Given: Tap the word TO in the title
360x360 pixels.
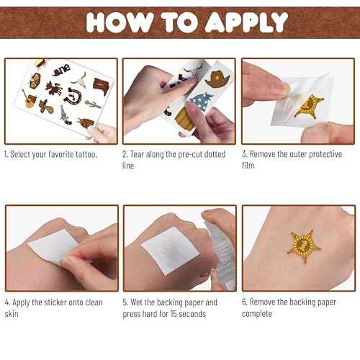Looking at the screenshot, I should (x=177, y=22).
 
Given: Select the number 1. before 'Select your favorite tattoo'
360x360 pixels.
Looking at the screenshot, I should (x=6, y=155).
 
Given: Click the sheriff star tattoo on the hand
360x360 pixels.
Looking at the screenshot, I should (x=297, y=248).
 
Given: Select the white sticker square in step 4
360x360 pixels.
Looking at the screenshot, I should (x=54, y=248).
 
